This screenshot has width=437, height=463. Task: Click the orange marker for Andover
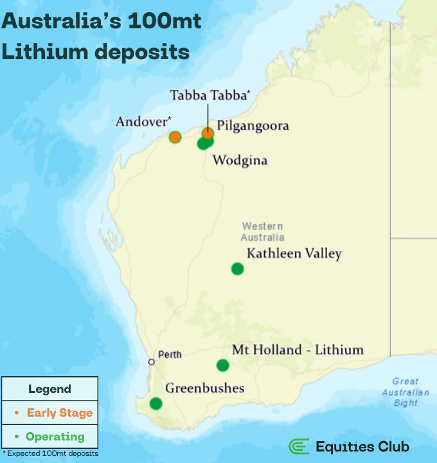(175, 137)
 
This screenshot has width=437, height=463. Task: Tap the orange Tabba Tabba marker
(208, 133)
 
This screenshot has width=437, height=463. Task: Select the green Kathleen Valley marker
(238, 269)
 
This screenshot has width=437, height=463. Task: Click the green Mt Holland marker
(222, 365)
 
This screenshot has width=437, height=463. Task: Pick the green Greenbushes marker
(156, 403)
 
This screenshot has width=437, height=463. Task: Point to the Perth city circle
(152, 361)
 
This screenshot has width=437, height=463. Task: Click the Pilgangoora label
(253, 125)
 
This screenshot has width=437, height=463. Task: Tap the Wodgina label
(240, 160)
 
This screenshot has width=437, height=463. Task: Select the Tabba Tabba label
(210, 95)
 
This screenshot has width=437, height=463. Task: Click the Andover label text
(143, 122)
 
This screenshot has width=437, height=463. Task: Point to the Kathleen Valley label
(294, 253)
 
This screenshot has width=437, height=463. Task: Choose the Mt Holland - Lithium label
(298, 350)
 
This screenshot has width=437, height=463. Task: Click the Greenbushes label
(205, 388)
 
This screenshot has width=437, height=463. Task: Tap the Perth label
(170, 354)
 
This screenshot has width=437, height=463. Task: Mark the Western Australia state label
(262, 232)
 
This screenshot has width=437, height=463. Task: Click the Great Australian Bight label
(406, 392)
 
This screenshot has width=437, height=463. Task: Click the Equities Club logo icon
(299, 446)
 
